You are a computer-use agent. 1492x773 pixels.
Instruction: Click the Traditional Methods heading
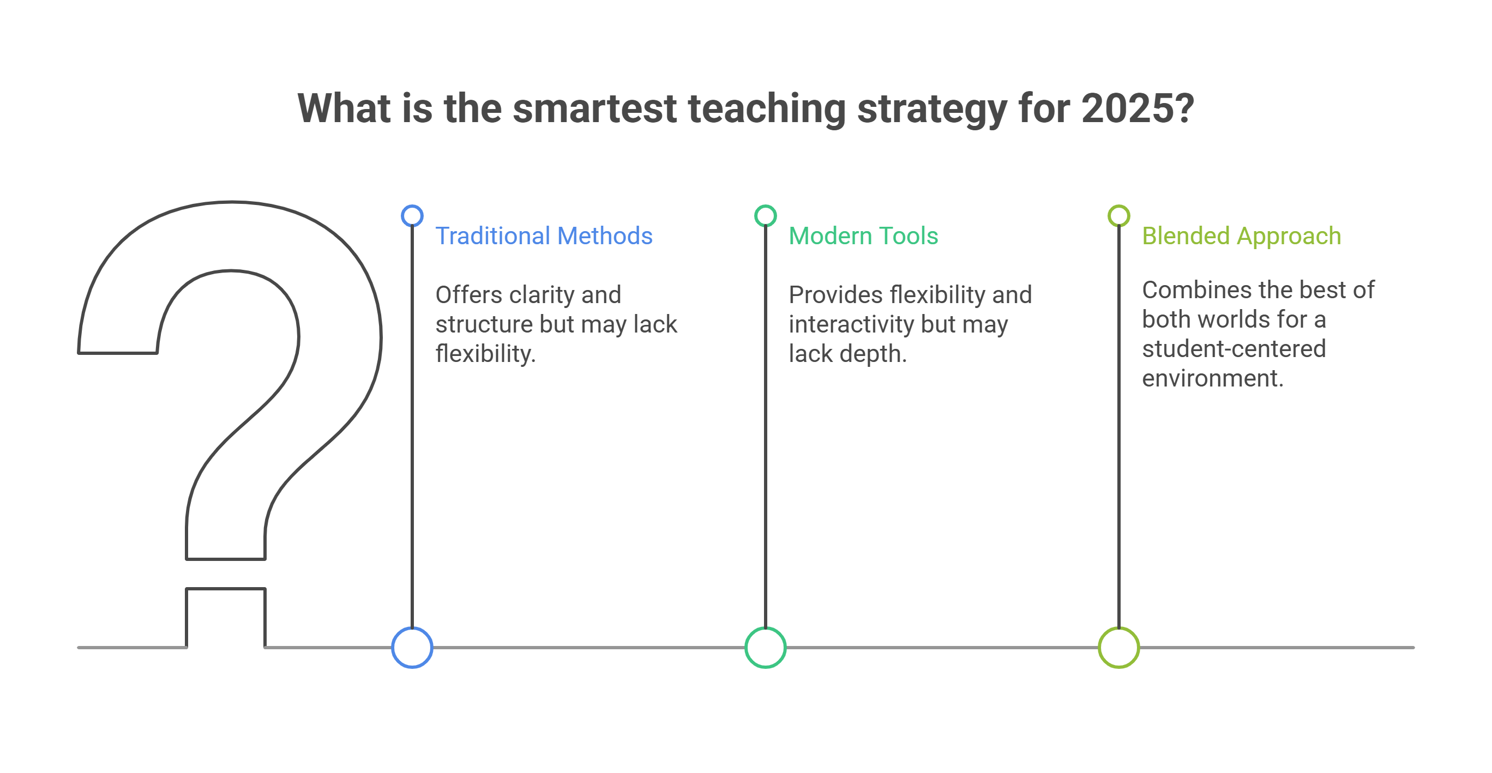[x=544, y=235]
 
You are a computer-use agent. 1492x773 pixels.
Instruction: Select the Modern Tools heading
[x=863, y=235]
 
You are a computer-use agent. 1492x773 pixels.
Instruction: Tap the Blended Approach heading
[x=1241, y=237]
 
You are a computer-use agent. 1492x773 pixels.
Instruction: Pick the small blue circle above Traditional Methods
[x=412, y=215]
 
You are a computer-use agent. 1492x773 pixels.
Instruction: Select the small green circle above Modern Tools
[x=766, y=215]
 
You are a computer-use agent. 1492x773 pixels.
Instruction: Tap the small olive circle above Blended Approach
[x=1119, y=215]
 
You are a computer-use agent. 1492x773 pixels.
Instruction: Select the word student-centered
[x=1234, y=348]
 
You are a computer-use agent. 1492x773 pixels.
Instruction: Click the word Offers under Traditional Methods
[x=468, y=295]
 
